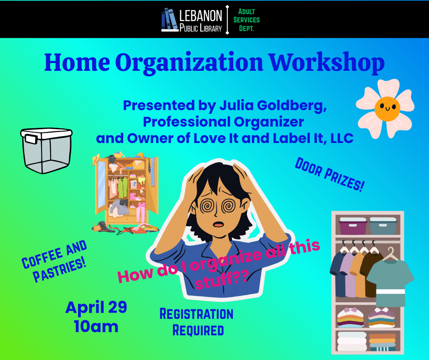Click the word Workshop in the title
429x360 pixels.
click(x=326, y=63)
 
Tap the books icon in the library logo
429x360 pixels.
click(x=169, y=21)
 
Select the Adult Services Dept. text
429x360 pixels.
click(x=246, y=20)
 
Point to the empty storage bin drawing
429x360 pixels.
click(x=46, y=150)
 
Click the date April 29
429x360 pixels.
click(x=96, y=307)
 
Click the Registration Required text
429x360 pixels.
click(x=197, y=322)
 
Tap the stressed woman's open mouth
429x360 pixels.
click(x=219, y=224)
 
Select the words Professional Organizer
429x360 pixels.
click(x=223, y=122)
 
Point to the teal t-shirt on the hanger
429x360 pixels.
click(x=390, y=279)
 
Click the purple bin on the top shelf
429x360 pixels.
click(x=353, y=226)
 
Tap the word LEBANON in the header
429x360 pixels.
click(x=201, y=16)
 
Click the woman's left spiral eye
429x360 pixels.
click(x=208, y=206)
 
